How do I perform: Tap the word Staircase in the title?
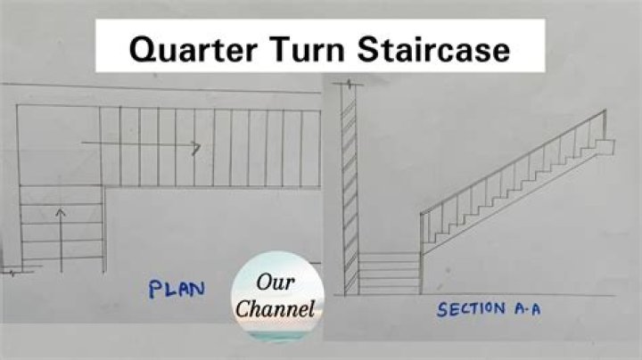[432, 48]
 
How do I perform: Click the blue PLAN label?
[177, 290]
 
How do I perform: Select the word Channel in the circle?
[281, 310]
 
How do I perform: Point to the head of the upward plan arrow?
[60, 213]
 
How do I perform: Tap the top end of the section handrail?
[605, 111]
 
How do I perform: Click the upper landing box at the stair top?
[605, 146]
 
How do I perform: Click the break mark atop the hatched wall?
[350, 86]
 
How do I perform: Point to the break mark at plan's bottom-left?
[12, 272]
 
